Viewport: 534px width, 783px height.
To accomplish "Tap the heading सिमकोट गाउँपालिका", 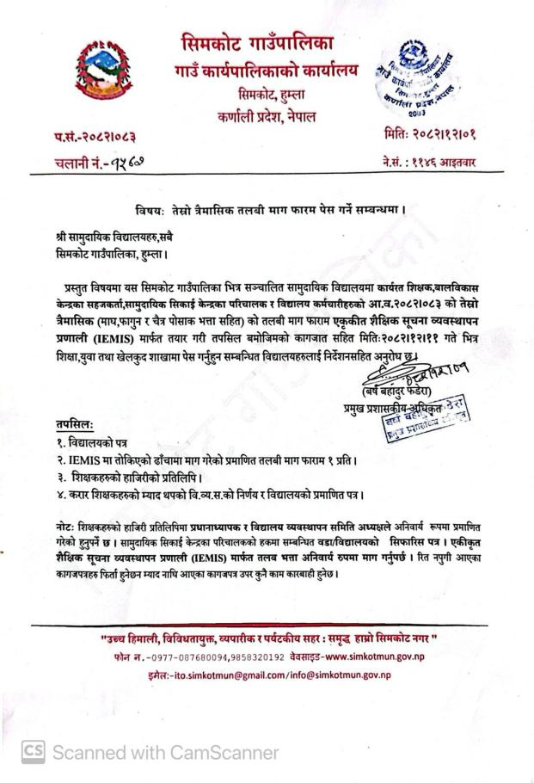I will click(269, 41).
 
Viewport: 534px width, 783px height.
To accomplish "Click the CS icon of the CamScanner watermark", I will click(33, 751).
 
